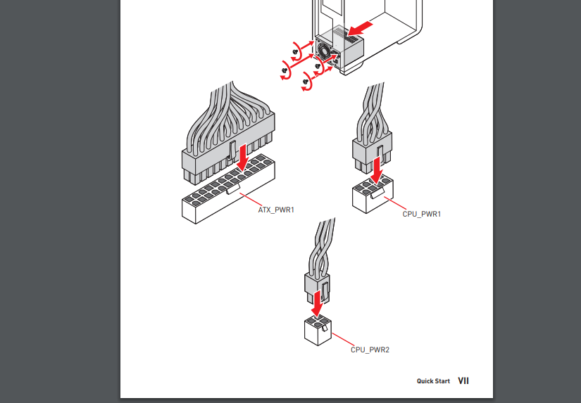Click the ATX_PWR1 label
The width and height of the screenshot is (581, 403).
coord(276,210)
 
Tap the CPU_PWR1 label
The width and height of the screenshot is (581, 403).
coord(422,214)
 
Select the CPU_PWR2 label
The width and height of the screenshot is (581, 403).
coord(370,350)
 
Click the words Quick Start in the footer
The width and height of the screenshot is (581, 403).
coord(433,380)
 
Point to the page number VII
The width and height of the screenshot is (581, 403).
coord(463,380)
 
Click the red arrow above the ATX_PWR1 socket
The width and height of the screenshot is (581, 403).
coord(243,158)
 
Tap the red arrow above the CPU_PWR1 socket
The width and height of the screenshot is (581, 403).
coord(377,170)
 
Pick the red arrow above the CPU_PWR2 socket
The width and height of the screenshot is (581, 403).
coord(317,303)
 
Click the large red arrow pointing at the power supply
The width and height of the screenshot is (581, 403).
coord(360,29)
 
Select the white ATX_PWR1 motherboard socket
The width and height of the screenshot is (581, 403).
coord(228,188)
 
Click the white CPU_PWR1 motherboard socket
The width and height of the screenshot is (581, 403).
coord(373,193)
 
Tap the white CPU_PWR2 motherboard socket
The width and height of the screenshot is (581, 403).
coord(318,330)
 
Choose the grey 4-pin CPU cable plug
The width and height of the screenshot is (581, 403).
coord(317,288)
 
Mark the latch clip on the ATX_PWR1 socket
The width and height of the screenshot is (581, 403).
coord(232,189)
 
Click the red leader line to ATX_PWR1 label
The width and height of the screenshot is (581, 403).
coord(251,200)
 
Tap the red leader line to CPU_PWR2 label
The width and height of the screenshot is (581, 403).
coord(343,340)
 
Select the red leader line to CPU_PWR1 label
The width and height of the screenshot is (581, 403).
coord(395,203)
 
